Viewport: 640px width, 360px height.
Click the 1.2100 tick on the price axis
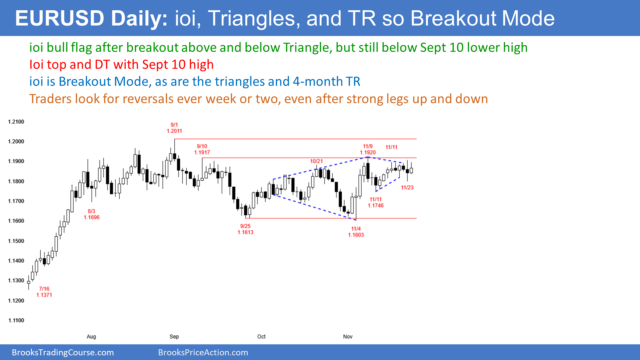pyautogui.click(x=16, y=122)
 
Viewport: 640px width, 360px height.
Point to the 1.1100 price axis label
pyautogui.click(x=16, y=320)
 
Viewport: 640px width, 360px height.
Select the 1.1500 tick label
pyautogui.click(x=16, y=241)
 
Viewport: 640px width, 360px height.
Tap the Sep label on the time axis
pyautogui.click(x=174, y=337)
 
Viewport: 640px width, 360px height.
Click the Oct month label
pyautogui.click(x=261, y=337)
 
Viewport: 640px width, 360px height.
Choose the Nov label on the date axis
pyautogui.click(x=348, y=337)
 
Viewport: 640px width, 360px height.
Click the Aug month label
pyautogui.click(x=91, y=337)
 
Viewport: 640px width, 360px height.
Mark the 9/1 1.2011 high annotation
pyautogui.click(x=174, y=128)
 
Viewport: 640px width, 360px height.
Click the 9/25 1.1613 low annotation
pyautogui.click(x=245, y=229)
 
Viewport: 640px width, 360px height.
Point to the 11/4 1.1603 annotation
pyautogui.click(x=356, y=232)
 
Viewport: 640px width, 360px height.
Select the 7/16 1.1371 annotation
pyautogui.click(x=44, y=292)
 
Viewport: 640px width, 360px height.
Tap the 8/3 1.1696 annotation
pyautogui.click(x=92, y=214)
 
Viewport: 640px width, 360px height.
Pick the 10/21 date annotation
pyautogui.click(x=316, y=161)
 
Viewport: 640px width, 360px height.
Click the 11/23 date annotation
pyautogui.click(x=407, y=188)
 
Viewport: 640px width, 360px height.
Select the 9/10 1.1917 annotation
pyautogui.click(x=202, y=149)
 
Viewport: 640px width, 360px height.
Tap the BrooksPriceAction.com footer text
pyautogui.click(x=203, y=353)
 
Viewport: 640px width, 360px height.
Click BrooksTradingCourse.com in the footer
pyautogui.click(x=63, y=353)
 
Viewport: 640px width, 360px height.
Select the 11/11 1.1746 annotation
pyautogui.click(x=376, y=202)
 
